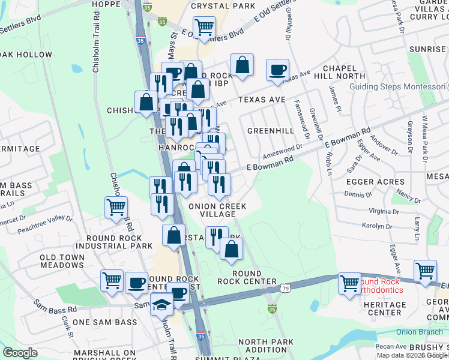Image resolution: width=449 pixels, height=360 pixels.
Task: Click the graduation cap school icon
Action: click(x=161, y=306)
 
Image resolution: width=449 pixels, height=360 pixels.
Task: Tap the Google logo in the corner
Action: click(x=20, y=353)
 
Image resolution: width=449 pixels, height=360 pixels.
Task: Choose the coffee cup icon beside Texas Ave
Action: click(x=278, y=70)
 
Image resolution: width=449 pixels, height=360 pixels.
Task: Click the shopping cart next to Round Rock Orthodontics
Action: click(x=349, y=283)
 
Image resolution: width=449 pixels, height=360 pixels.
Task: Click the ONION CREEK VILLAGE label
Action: click(x=217, y=210)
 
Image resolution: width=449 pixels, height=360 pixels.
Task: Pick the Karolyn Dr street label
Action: click(x=376, y=227)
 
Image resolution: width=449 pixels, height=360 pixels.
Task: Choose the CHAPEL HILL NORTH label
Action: click(x=343, y=73)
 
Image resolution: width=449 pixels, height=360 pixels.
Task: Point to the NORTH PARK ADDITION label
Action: click(x=266, y=346)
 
